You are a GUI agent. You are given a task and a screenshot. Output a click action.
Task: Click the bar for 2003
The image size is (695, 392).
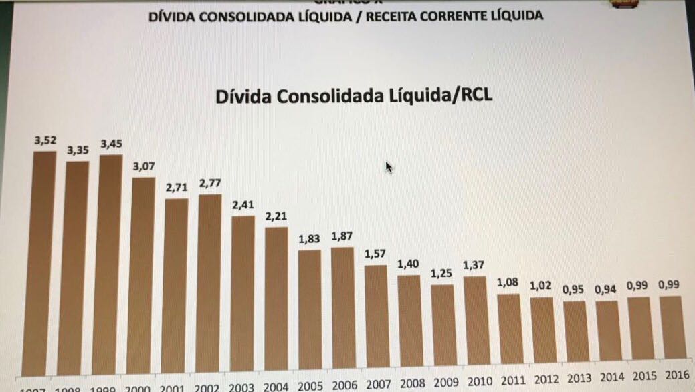243,294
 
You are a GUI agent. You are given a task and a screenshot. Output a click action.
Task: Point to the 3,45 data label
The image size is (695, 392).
112,144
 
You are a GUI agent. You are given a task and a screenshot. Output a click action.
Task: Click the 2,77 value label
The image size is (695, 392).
210,184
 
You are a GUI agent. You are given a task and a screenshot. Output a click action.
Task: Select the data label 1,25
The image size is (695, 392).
442,274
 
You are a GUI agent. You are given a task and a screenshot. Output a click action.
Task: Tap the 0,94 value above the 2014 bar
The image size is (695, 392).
606,290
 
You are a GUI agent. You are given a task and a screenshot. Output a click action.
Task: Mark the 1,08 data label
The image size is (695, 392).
508,282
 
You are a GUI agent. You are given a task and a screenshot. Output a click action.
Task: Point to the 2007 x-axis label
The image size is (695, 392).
378,384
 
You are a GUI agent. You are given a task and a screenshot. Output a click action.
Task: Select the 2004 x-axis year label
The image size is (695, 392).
276,387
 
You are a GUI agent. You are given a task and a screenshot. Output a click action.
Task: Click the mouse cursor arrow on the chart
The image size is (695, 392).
389,167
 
